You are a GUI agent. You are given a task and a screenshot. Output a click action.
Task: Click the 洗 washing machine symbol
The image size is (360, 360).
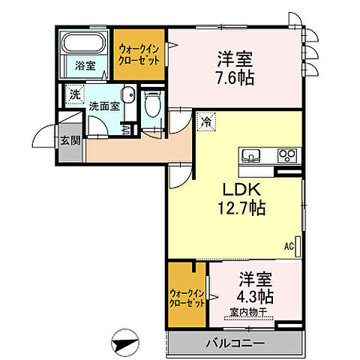[73, 94]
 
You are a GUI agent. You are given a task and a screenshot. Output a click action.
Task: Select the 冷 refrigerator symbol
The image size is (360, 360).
[205, 118]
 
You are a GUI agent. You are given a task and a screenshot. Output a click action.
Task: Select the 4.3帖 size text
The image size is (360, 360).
[253, 295]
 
